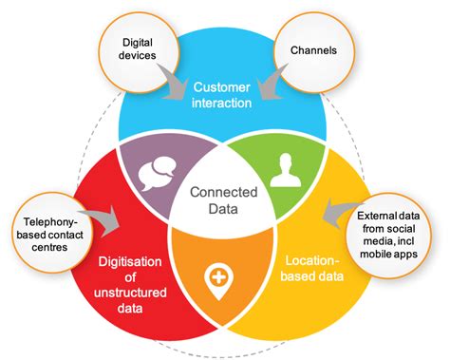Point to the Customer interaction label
224,95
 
